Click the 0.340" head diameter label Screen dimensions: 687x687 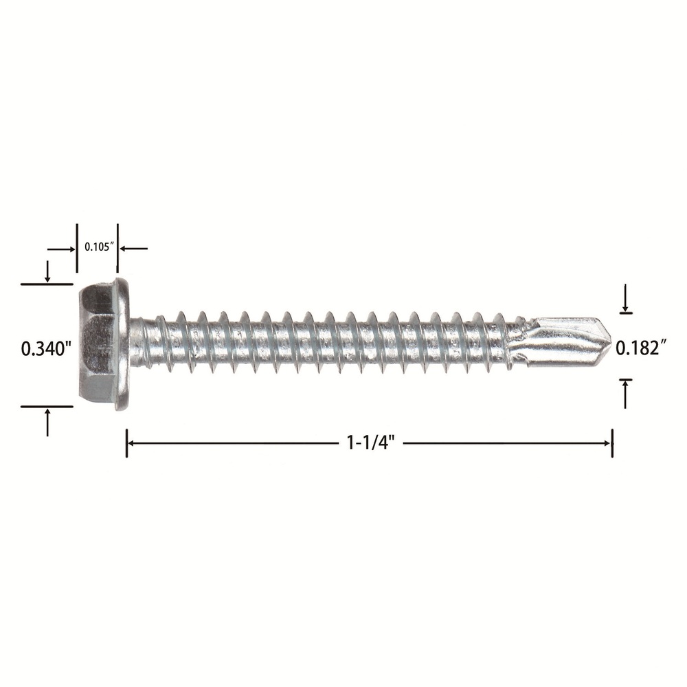pyautogui.click(x=47, y=349)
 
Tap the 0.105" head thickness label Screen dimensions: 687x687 pyautogui.click(x=99, y=247)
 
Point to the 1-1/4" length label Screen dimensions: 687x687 pyautogui.click(x=371, y=443)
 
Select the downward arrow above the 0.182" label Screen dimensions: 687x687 pyautogui.click(x=626, y=298)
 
